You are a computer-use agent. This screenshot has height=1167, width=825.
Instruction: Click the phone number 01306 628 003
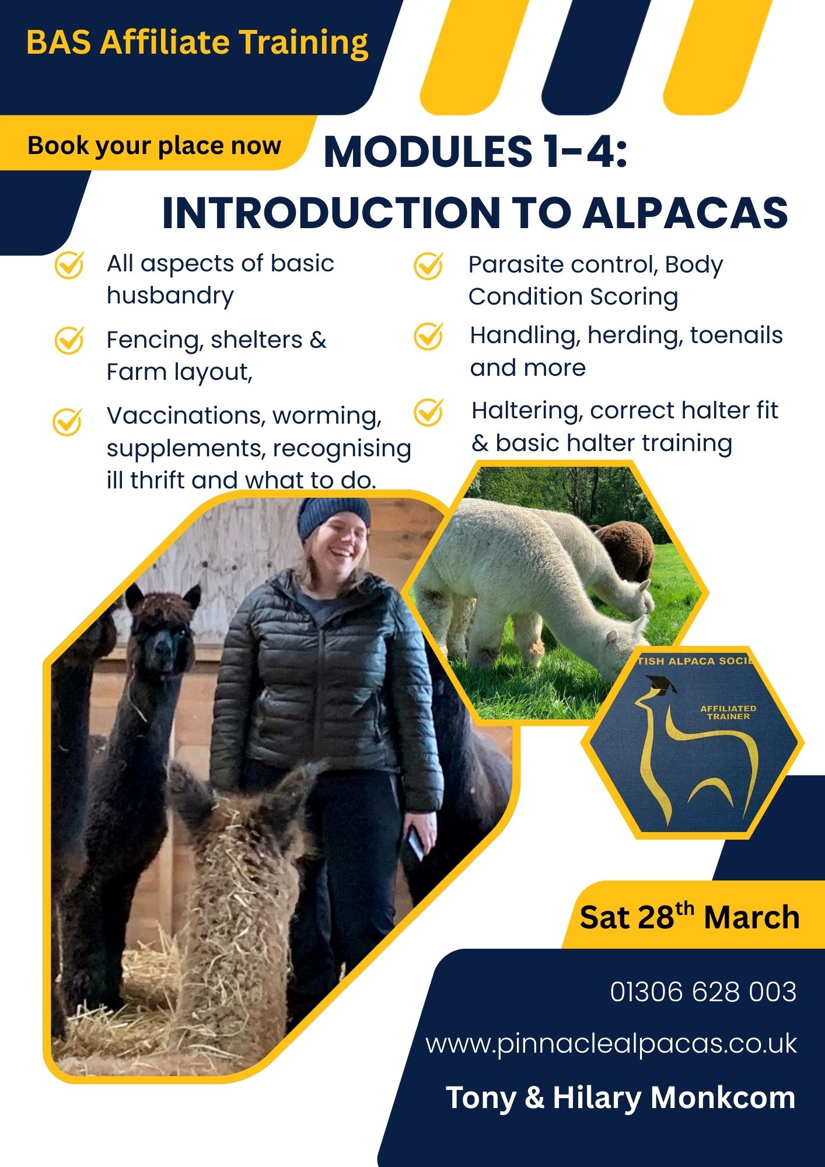[x=703, y=992]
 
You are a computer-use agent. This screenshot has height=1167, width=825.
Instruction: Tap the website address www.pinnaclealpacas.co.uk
[x=611, y=1044]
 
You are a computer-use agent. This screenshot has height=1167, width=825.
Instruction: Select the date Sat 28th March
[x=689, y=917]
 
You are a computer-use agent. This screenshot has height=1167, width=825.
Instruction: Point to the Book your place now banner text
[x=155, y=146]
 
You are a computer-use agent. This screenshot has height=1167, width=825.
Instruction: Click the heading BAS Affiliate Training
[x=197, y=43]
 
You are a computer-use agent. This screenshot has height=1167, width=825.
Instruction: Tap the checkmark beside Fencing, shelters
[x=69, y=340]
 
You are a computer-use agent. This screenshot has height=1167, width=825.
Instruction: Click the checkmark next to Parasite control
[x=428, y=266]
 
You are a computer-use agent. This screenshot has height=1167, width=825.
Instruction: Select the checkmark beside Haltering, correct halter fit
[x=428, y=412]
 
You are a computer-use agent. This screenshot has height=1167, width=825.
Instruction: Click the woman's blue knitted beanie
[x=334, y=518]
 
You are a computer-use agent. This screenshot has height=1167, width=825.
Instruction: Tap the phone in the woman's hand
[x=416, y=843]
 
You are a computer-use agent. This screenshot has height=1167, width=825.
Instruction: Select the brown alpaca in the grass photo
[x=624, y=548]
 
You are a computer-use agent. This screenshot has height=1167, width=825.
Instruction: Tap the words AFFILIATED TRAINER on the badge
[x=728, y=712]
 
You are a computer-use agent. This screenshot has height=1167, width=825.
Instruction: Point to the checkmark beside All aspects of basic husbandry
[x=69, y=265]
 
